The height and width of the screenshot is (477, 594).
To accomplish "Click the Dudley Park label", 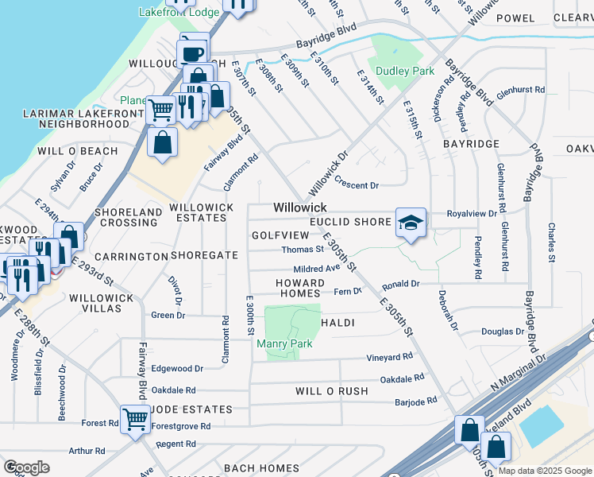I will tap(405, 71).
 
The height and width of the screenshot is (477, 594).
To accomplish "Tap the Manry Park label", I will tap(284, 343).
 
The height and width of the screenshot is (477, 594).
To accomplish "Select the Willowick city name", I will tap(300, 207).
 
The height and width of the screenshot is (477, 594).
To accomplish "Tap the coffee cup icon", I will tap(193, 52).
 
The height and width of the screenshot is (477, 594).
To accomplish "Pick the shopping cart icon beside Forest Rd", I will tap(136, 417).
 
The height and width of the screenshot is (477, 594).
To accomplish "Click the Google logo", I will tap(26, 467).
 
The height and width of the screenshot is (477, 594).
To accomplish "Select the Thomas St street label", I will tap(303, 250).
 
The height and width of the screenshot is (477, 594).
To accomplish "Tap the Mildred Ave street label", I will tap(317, 270).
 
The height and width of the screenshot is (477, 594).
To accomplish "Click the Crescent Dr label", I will tap(357, 185).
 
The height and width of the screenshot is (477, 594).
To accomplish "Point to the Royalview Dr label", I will tap(472, 214).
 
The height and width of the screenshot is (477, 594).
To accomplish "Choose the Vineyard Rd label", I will tap(390, 357).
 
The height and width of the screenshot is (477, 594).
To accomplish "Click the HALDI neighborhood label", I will tap(337, 323).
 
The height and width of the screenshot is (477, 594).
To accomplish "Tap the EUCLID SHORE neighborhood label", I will tap(350, 222).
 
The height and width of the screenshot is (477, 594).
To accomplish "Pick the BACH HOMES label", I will tap(259, 467).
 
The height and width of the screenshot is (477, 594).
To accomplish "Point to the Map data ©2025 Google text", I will tap(545, 471).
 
